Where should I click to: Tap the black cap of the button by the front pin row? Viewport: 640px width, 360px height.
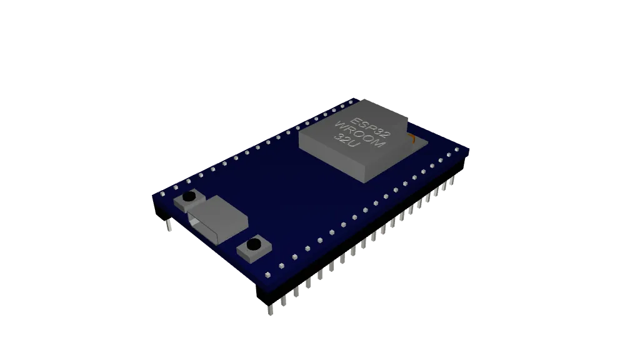point(254,244)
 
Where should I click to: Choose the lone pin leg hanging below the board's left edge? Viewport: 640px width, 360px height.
point(169,226)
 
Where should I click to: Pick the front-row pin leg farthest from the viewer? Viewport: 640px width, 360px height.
point(451,182)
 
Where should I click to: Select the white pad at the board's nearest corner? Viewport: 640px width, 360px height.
point(267,274)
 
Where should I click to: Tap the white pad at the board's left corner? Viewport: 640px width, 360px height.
point(162,194)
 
